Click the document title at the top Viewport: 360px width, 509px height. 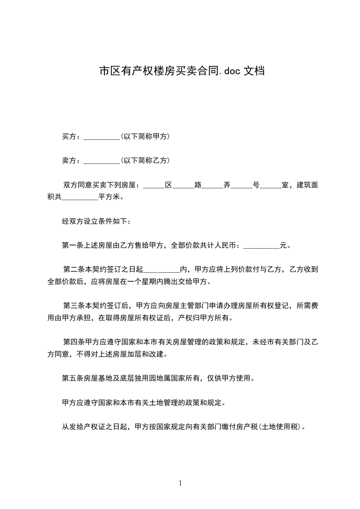pos(182,71)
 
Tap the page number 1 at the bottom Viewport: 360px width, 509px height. pos(180,483)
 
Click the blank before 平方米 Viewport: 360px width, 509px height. pos(79,197)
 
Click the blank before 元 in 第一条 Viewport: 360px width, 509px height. pos(261,246)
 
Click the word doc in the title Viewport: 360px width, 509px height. pos(232,71)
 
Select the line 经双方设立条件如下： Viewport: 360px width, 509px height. pos(98,222)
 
